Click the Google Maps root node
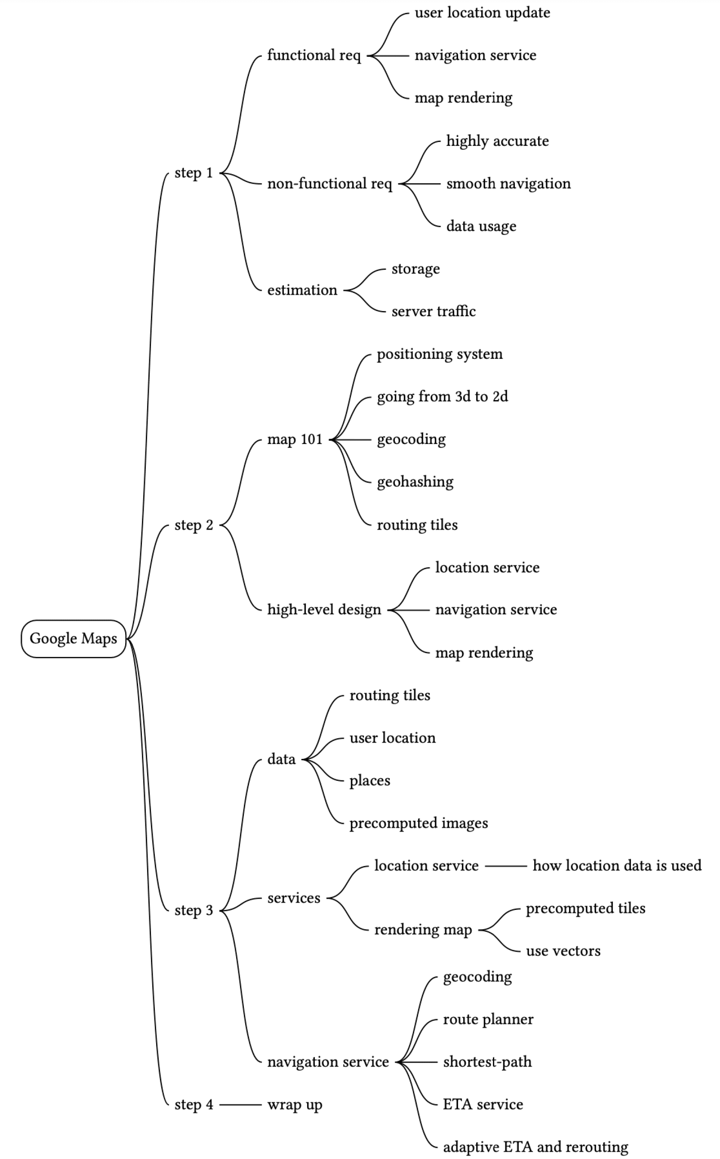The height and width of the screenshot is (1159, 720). tap(73, 638)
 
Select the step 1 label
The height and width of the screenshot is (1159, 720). tap(194, 173)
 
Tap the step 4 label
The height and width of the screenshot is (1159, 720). tap(194, 1104)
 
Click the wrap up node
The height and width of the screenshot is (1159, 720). tap(295, 1105)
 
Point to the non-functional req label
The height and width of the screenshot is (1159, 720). tap(329, 184)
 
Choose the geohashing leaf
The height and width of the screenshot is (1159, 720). tap(415, 482)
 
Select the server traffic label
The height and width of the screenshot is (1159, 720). tap(434, 311)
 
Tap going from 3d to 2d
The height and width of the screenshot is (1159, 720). tap(442, 397)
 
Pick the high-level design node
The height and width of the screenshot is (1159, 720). tap(324, 610)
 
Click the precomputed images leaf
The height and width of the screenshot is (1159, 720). tap(418, 823)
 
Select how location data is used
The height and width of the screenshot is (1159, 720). tap(617, 865)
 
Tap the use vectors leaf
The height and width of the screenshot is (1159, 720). tap(563, 951)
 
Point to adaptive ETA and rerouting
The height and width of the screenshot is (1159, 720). tap(535, 1147)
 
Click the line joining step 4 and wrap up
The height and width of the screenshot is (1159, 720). tap(240, 1104)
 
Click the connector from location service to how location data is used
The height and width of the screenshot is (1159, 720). tap(506, 866)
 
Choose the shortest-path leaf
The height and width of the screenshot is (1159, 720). tap(487, 1062)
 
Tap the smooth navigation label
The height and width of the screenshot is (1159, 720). tap(508, 184)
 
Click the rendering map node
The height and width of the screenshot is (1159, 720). tap(423, 930)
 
